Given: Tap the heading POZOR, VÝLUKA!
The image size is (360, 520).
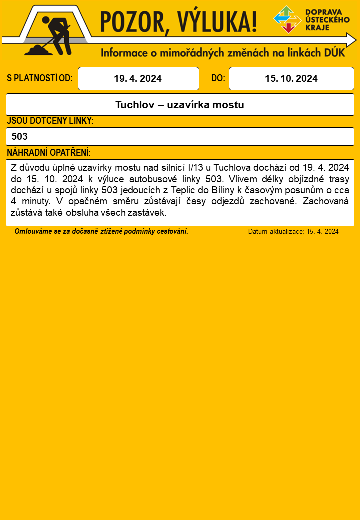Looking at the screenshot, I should tap(179, 23).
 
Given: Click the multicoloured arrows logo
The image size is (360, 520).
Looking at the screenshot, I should tap(287, 19).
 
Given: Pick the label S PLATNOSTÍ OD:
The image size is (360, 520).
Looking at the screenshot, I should tap(40, 79).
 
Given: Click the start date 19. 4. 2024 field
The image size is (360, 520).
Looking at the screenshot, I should tap(138, 79).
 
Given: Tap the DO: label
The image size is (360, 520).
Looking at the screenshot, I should tap(218, 79).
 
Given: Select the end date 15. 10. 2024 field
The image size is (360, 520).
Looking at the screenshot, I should tap(291, 79).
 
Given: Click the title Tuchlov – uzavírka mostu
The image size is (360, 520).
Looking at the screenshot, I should tap(180, 105).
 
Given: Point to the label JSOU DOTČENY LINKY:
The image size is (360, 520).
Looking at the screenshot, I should tap(50, 121).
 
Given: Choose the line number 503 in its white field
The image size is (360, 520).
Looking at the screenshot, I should tap(20, 136).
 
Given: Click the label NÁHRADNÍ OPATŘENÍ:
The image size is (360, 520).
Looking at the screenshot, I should tap(49, 152).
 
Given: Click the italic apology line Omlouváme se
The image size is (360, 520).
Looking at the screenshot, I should tap(101, 231).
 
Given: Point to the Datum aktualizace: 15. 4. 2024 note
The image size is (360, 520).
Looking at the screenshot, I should tap(293, 232).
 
